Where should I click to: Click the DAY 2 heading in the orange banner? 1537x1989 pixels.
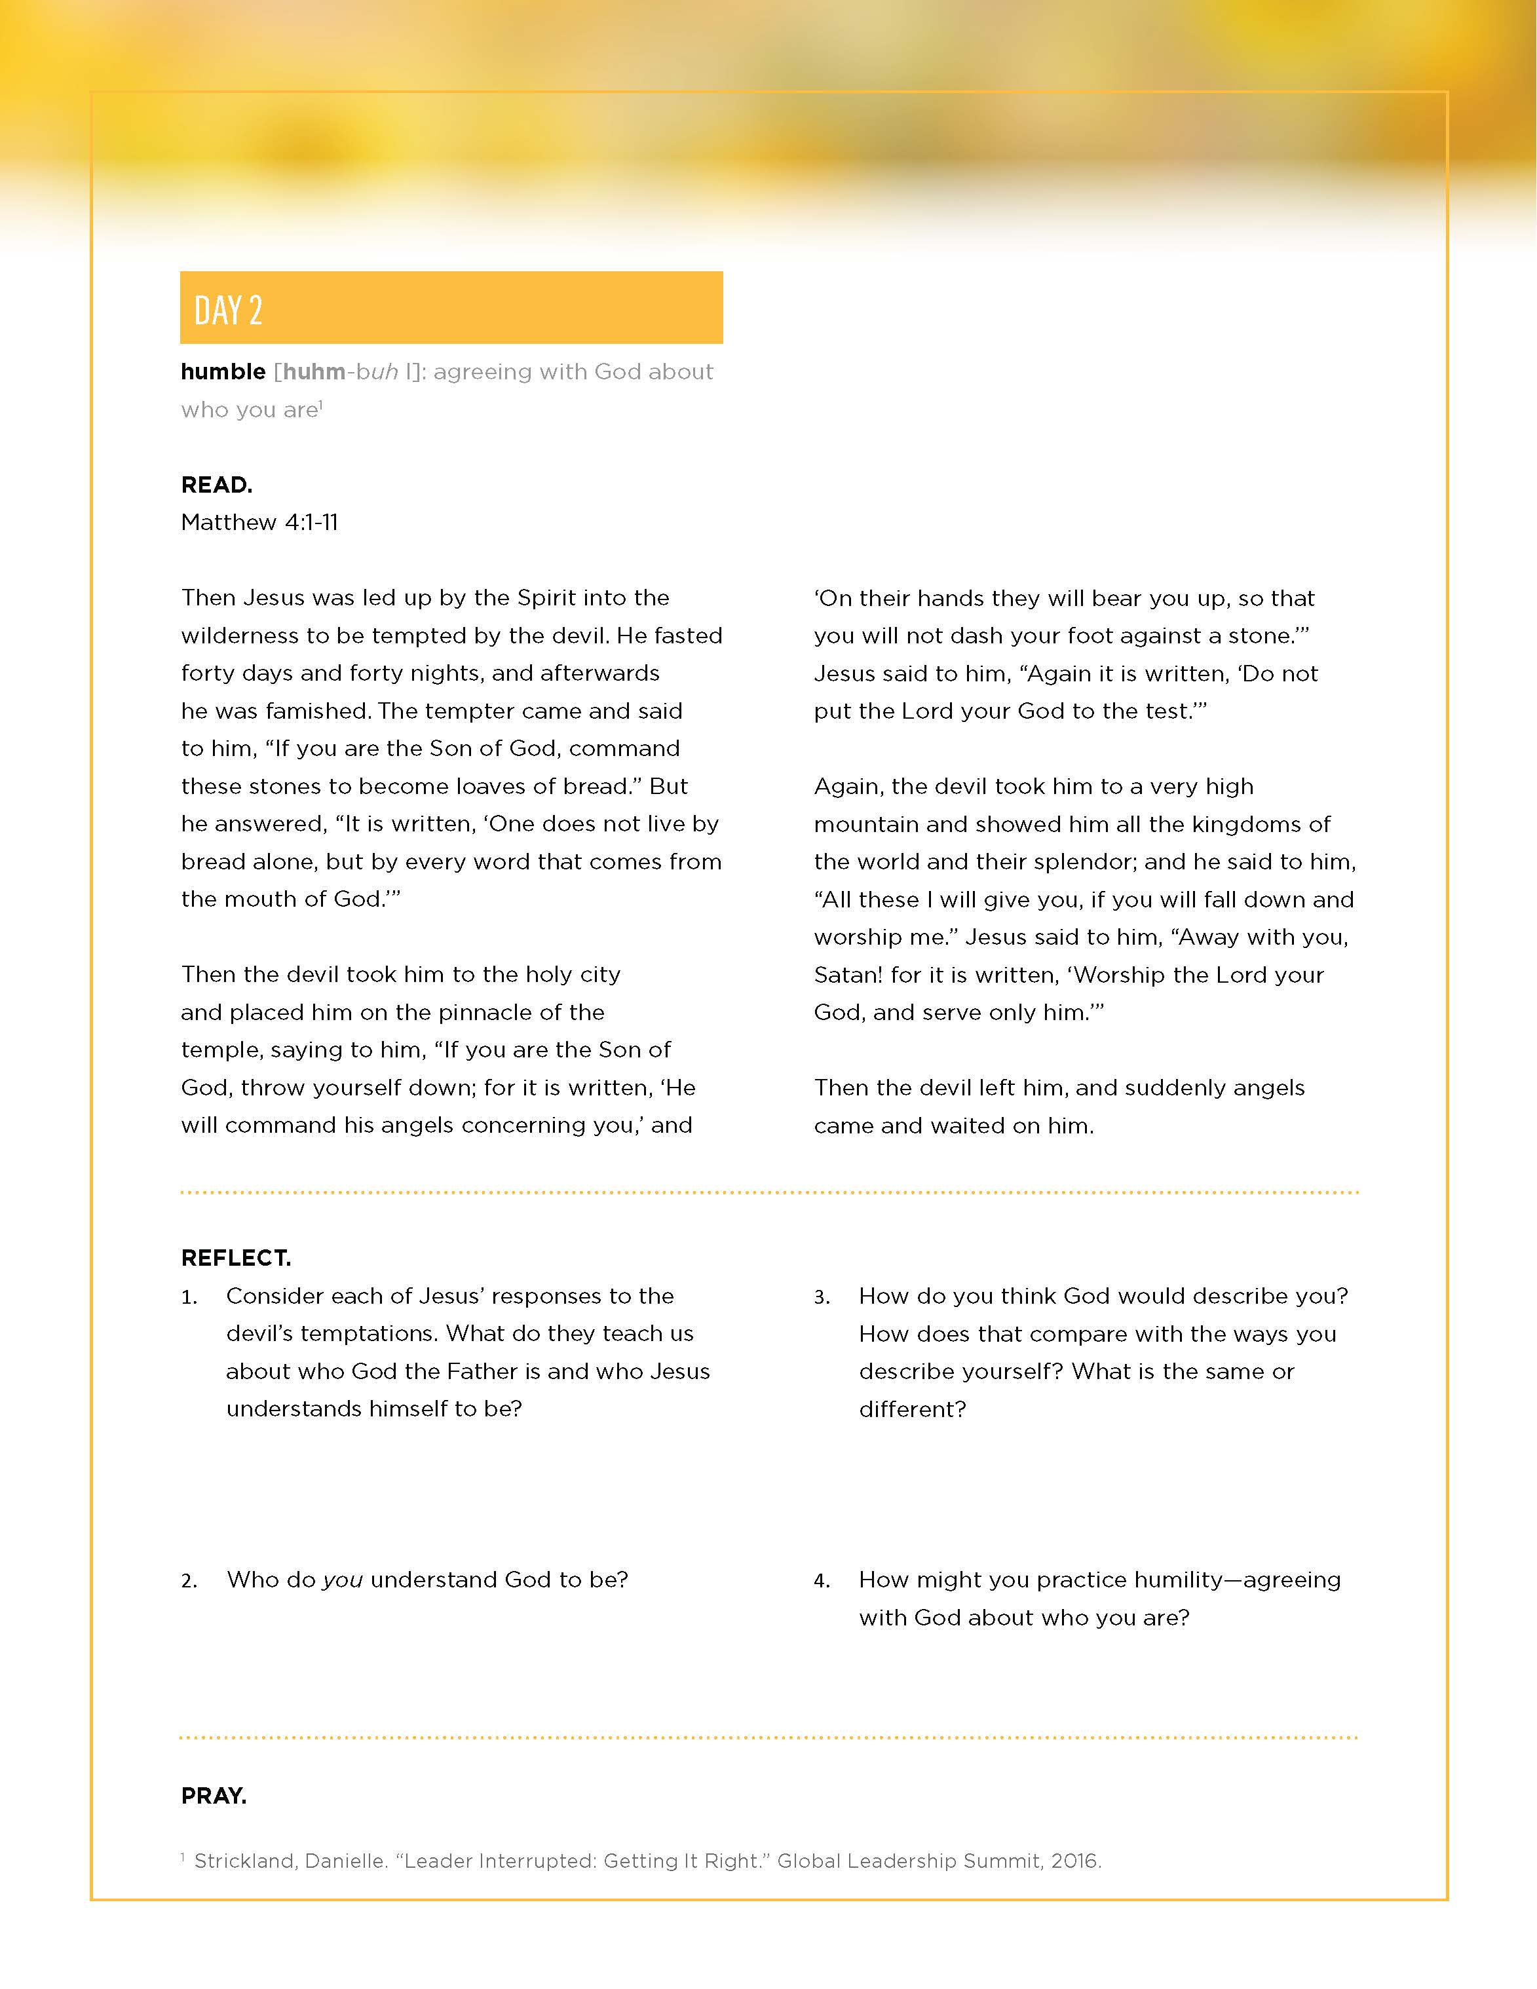[x=227, y=311]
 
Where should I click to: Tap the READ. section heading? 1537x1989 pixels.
[x=217, y=485]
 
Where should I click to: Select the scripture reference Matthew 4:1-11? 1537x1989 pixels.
[x=259, y=522]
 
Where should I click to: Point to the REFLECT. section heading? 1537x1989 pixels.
[x=236, y=1258]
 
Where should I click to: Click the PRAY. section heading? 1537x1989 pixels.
[x=214, y=1795]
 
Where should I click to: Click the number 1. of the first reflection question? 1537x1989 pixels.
[x=189, y=1297]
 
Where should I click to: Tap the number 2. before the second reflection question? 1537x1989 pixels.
[x=189, y=1580]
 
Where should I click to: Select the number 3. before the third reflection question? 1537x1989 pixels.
[x=822, y=1297]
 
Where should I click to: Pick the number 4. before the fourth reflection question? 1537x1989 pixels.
[x=822, y=1580]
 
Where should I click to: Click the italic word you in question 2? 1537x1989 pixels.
[x=343, y=1579]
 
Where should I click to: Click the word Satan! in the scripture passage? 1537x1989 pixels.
[x=848, y=974]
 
